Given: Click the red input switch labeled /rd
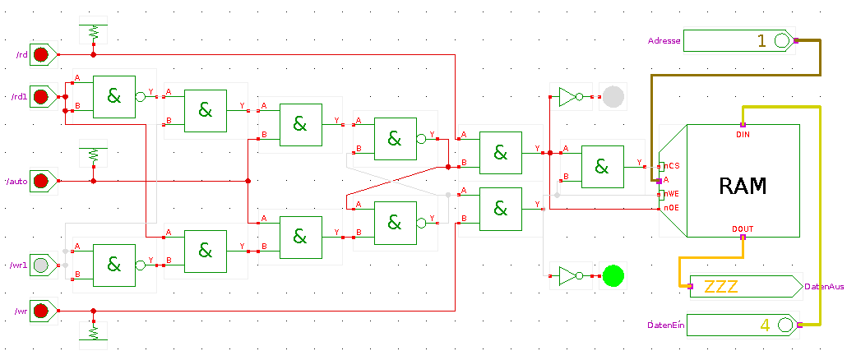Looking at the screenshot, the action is [40, 54].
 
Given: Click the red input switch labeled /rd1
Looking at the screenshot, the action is [40, 97].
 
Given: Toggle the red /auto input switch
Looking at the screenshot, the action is [40, 181].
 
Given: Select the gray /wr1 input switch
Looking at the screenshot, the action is [40, 265].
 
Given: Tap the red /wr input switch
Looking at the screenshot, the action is [40, 311].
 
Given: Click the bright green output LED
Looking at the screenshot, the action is [613, 276].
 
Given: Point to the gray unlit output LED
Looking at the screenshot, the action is [613, 97].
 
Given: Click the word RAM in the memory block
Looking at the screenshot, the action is [743, 186].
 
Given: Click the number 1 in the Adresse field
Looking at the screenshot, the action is [761, 41].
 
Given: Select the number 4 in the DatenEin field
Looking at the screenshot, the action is [765, 325].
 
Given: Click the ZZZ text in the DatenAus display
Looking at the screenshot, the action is [721, 286].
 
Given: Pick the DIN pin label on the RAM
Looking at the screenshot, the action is [743, 134].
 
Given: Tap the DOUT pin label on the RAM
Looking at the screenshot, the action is [743, 228].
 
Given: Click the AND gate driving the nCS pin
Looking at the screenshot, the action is [602, 167].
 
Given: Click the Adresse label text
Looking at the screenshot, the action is [664, 41].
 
